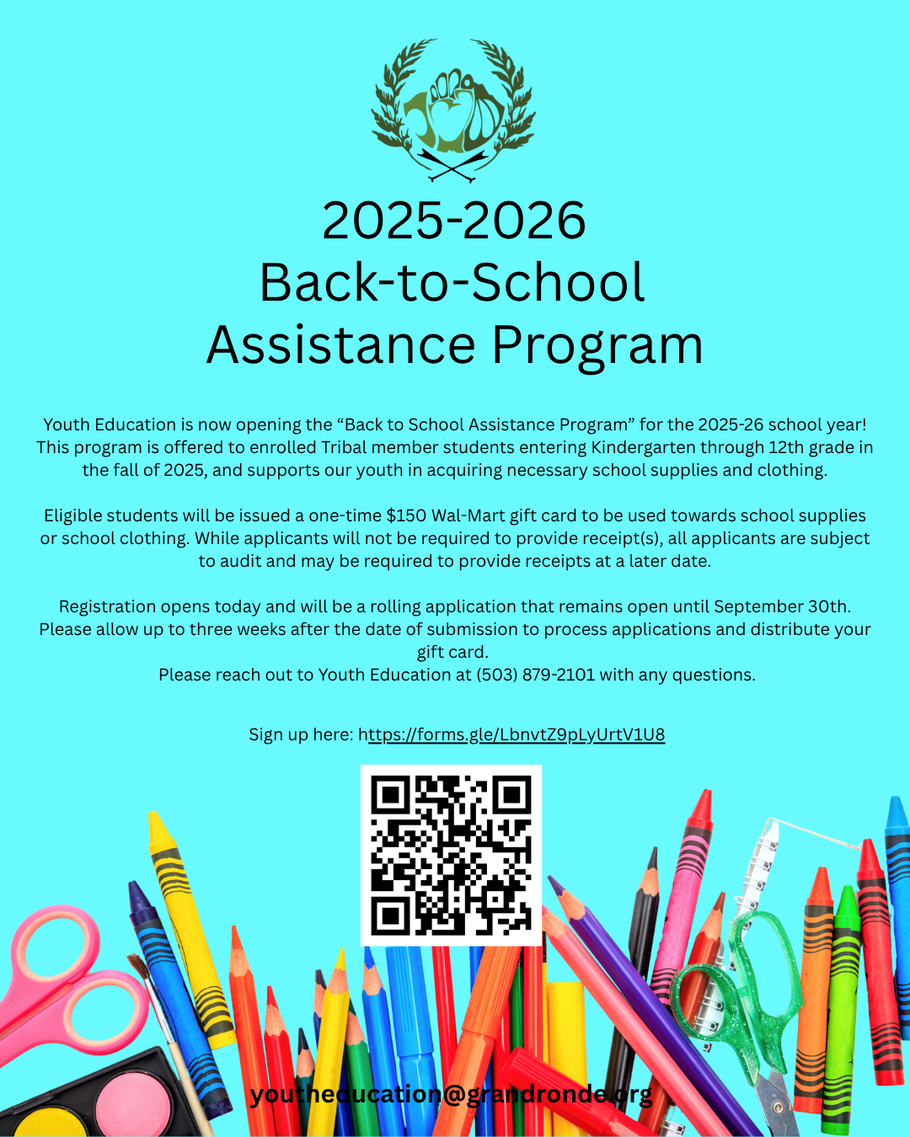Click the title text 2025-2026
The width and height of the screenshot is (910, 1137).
[x=454, y=221]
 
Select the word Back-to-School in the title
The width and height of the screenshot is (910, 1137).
[x=452, y=283]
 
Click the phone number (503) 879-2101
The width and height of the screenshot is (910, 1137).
[x=535, y=675]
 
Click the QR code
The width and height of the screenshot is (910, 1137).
[x=451, y=855]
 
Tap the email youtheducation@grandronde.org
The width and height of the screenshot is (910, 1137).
[x=451, y=1094]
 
